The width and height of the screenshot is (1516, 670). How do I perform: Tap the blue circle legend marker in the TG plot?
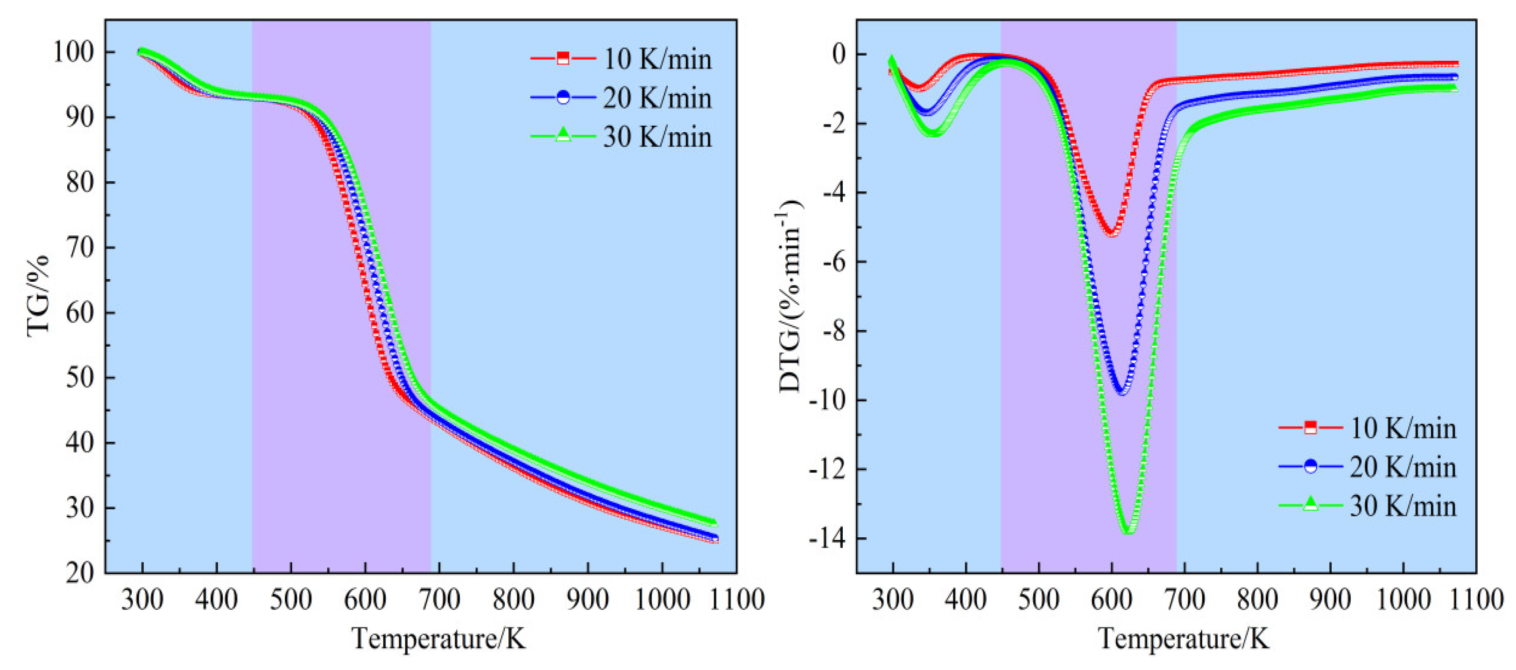point(563,98)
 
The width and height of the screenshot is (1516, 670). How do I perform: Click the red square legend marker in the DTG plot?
point(1310,428)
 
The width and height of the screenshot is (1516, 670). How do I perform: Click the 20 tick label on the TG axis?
point(80,572)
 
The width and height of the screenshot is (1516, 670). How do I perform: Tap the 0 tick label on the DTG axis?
point(838,54)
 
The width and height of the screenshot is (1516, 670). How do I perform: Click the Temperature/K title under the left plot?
point(438,638)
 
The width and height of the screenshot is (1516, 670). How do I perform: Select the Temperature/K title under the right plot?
point(1184,638)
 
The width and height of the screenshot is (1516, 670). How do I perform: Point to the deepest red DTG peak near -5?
point(1112,234)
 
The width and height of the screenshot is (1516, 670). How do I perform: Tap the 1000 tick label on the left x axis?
point(662,600)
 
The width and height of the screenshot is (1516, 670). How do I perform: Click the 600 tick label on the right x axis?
point(1111,600)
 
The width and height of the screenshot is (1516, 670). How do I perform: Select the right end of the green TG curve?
point(713,521)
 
